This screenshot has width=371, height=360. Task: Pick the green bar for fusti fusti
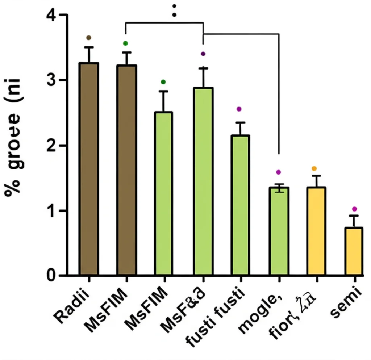tap(240, 205)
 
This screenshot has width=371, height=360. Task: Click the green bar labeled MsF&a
tap(203, 181)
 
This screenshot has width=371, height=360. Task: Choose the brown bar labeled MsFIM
tap(126, 170)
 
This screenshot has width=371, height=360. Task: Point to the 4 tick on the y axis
tap(52, 15)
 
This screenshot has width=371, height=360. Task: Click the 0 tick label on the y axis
tap(52, 276)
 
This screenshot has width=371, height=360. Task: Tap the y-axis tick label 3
tap(52, 80)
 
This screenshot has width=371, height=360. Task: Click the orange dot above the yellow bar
tap(314, 168)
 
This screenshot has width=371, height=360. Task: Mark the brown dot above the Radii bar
tap(89, 38)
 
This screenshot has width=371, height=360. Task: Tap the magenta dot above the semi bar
tap(354, 209)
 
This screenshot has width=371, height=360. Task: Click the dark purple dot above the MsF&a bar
tap(203, 54)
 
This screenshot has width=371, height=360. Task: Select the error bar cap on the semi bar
tap(354, 215)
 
